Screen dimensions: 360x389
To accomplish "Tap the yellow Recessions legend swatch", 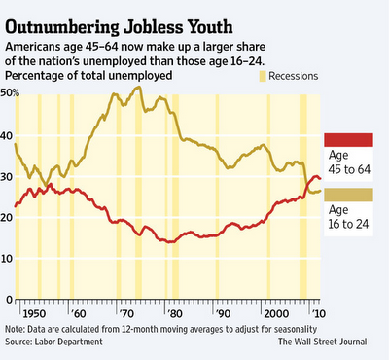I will click(262, 75).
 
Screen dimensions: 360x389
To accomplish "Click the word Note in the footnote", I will click(17, 328).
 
